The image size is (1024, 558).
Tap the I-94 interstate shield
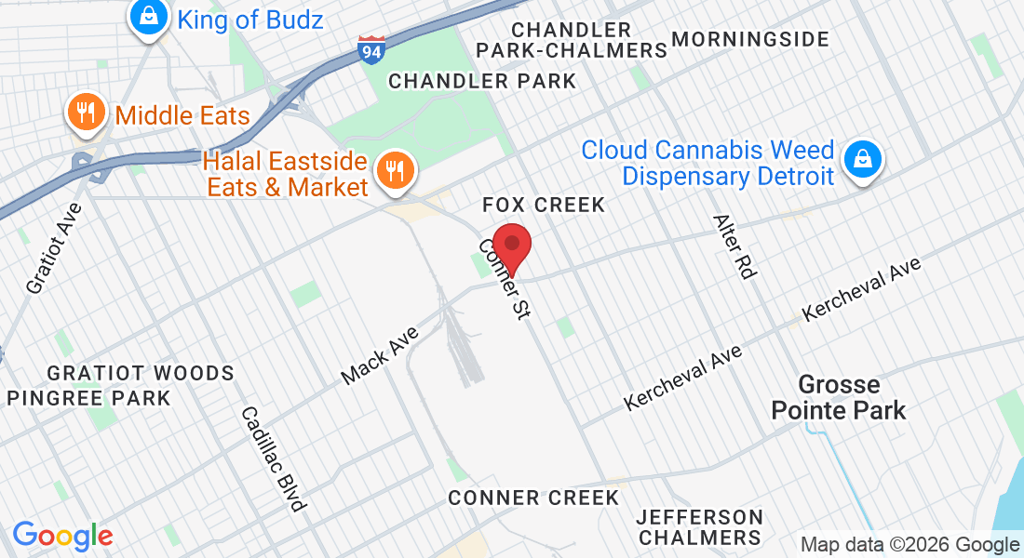[x=371, y=50]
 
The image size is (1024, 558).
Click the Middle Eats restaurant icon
[x=87, y=114]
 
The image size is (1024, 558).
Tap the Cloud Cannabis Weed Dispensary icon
[x=863, y=160]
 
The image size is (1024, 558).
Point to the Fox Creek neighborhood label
[x=544, y=205]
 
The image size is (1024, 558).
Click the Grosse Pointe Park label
[x=840, y=397]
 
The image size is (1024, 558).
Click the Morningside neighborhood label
[x=749, y=39]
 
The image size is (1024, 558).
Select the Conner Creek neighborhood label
[x=533, y=498]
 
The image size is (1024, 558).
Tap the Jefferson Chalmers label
[x=700, y=526]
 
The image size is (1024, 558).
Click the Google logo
[x=62, y=536]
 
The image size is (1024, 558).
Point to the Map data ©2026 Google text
[x=909, y=545]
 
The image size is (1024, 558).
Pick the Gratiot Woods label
[x=141, y=374]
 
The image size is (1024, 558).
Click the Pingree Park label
[x=88, y=398]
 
